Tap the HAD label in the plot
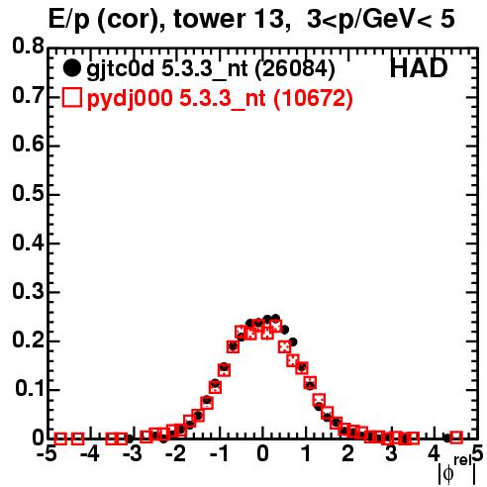pos(419,68)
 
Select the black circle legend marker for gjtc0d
pos(71,68)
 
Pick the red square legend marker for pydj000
pos(71,98)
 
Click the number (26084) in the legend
pos(295,68)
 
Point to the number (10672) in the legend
pos(313,98)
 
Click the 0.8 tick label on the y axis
pos(28,47)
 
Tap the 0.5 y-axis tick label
pos(28,193)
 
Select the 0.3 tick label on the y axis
pos(28,291)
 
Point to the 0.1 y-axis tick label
pos(30,389)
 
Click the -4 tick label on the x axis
pos(90,454)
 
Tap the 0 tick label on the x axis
pos(262,454)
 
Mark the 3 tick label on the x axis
pos(391,454)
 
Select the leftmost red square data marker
pos(60,438)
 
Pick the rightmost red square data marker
pos(456,438)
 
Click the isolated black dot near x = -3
pos(130,438)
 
